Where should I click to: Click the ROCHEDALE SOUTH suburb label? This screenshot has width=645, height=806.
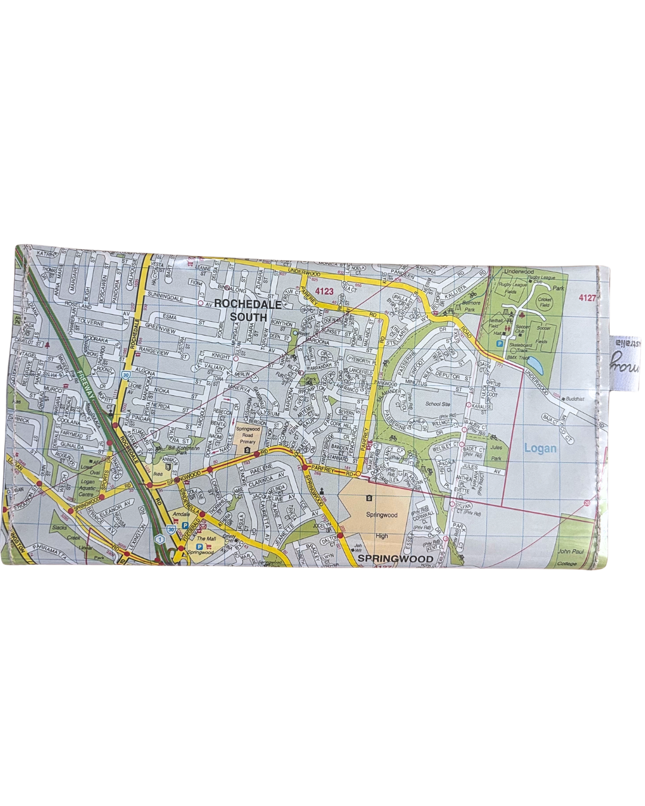click(241, 310)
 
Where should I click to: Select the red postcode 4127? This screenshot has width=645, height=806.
click(588, 296)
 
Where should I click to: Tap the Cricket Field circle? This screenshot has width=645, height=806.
click(545, 302)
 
